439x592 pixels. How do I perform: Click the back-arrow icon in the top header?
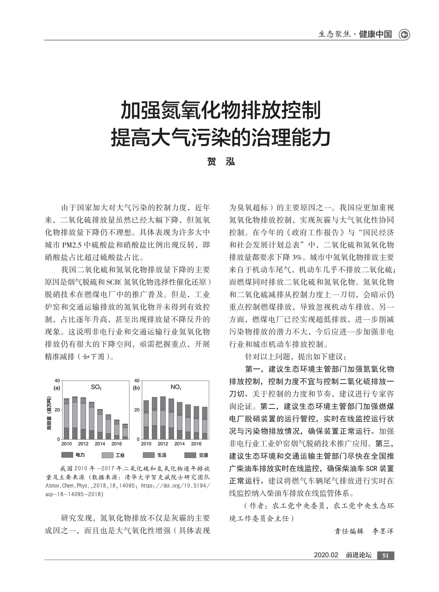pos(404,35)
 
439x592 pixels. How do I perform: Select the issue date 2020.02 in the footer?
pos(326,555)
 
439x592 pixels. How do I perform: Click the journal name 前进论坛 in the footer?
pos(359,555)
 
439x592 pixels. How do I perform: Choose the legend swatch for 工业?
pos(107,455)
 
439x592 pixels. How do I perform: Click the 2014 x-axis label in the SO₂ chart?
pos(100,444)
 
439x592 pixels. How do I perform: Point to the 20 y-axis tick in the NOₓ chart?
pos(137,410)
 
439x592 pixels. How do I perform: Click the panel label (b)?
pos(136,388)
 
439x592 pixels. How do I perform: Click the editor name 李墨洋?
pos(383,531)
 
